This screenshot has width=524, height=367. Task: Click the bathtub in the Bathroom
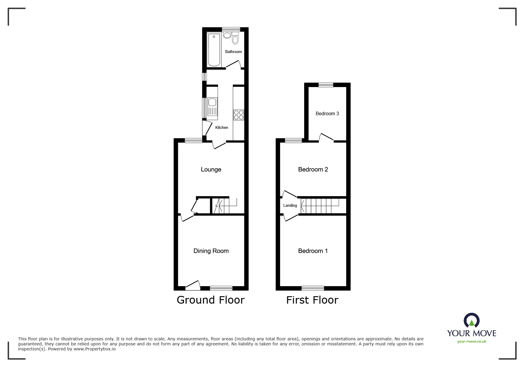pyautogui.click(x=214, y=50)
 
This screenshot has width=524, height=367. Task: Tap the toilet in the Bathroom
pyautogui.click(x=236, y=40)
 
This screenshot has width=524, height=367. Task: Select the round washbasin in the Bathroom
pyautogui.click(x=227, y=36)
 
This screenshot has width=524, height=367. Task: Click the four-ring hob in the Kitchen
pyautogui.click(x=238, y=115)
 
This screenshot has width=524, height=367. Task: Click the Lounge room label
pyautogui.click(x=211, y=169)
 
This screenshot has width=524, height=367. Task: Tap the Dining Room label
pyautogui.click(x=211, y=251)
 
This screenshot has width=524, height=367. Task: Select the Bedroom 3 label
pyautogui.click(x=327, y=113)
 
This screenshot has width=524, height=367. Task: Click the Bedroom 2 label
pyautogui.click(x=313, y=169)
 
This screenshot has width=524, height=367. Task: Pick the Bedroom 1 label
pyautogui.click(x=313, y=251)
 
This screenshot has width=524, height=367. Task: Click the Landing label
pyautogui.click(x=290, y=205)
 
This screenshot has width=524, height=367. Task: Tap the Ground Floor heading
pyautogui.click(x=211, y=300)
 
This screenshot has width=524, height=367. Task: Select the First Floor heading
pyautogui.click(x=312, y=300)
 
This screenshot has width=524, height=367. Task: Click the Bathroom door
pyautogui.click(x=233, y=64)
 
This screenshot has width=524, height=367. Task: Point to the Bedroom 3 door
pyautogui.click(x=326, y=137)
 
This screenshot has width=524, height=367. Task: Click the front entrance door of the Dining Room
pyautogui.click(x=193, y=285)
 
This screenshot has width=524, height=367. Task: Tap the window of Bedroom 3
pyautogui.click(x=326, y=85)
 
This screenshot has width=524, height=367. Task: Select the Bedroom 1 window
pyautogui.click(x=313, y=288)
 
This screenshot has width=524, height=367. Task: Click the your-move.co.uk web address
pyautogui.click(x=472, y=342)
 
